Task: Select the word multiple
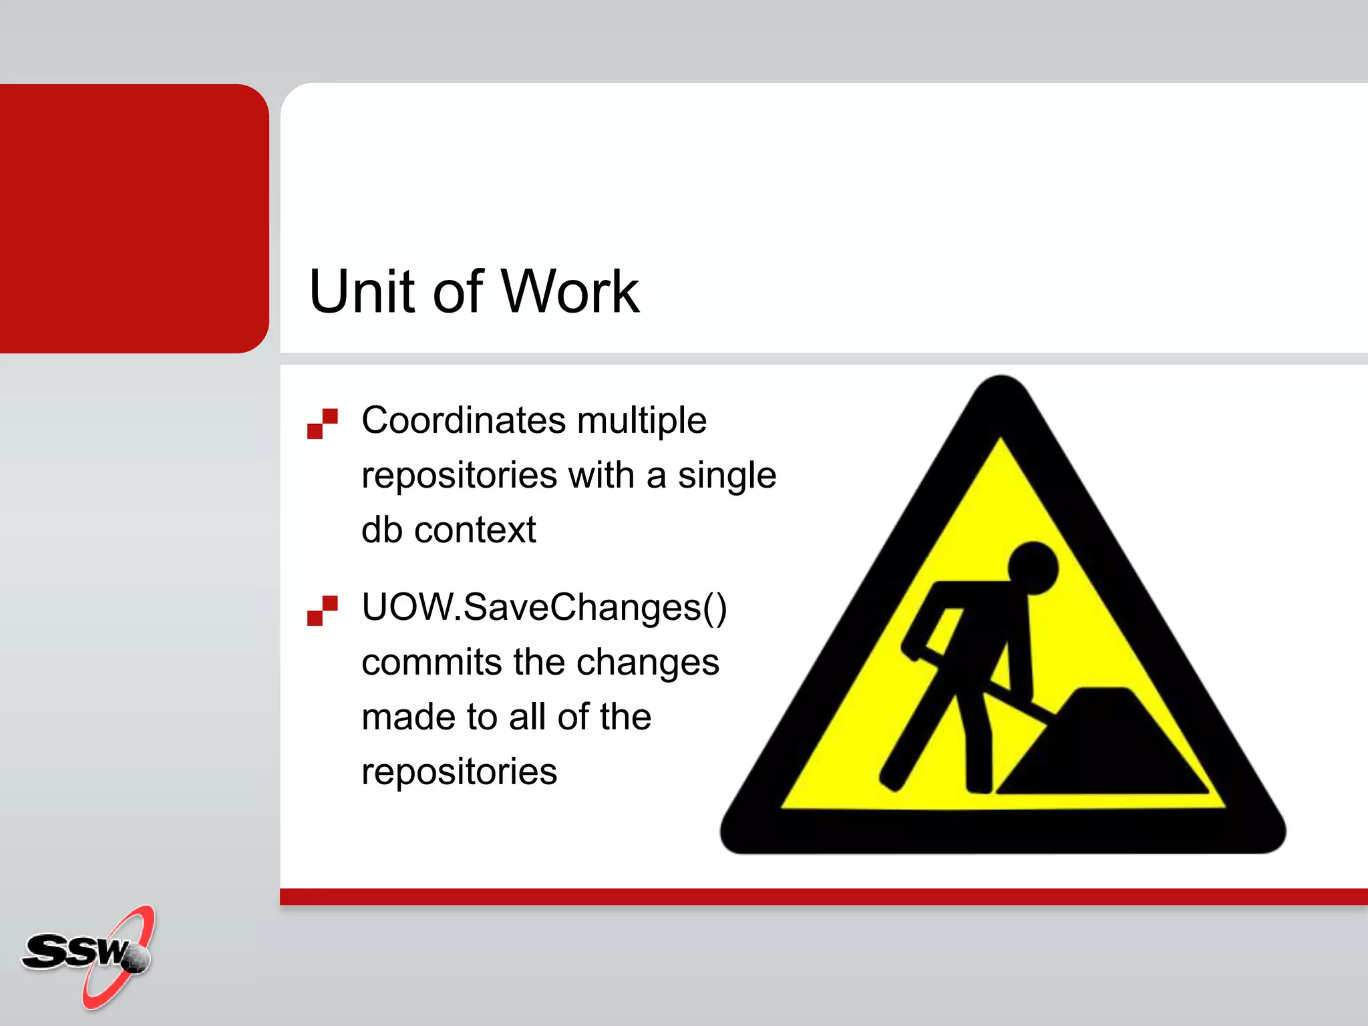pyautogui.click(x=641, y=421)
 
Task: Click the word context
pyautogui.click(x=475, y=530)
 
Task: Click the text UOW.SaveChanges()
pyautogui.click(x=544, y=608)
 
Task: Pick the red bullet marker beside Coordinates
pyautogui.click(x=323, y=423)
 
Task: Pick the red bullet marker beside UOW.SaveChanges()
pyautogui.click(x=323, y=611)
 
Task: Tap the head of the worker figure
pyautogui.click(x=1033, y=568)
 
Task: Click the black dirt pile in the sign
pyautogui.click(x=1102, y=748)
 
